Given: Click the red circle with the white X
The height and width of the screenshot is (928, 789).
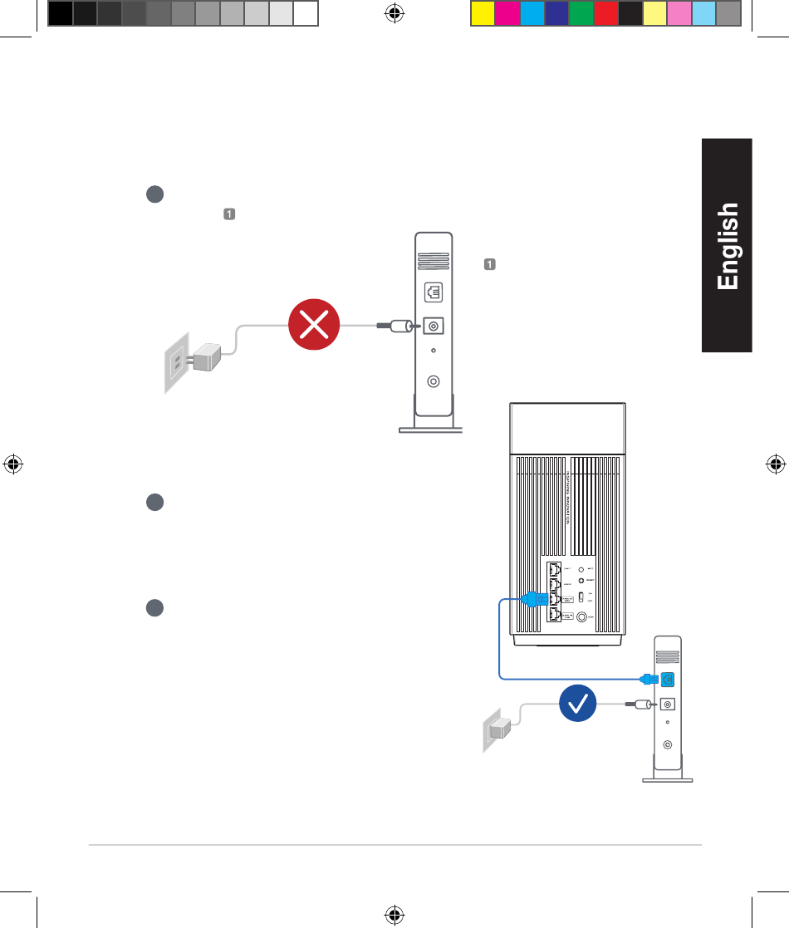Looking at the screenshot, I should click(x=313, y=327).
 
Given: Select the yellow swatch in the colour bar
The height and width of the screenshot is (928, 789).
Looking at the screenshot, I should click(x=483, y=13).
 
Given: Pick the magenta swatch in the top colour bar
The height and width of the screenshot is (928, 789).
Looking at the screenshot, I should click(x=507, y=13).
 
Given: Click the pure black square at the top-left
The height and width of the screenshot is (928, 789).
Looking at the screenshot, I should click(x=60, y=13).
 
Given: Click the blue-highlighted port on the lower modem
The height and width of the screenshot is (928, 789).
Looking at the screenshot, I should click(x=668, y=678).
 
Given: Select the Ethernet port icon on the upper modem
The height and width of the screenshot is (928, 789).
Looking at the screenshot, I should click(x=433, y=292).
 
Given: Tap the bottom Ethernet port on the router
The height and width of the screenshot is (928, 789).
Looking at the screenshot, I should click(x=555, y=616).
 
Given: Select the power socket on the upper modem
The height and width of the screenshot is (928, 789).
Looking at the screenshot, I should click(x=433, y=327).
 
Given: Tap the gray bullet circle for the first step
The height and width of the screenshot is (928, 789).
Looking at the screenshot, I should click(x=154, y=194).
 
